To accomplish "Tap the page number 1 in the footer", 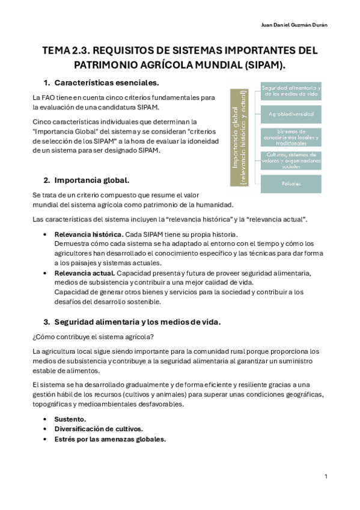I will pyautogui.click(x=325, y=477).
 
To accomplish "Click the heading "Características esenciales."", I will pyautogui.click(x=106, y=82).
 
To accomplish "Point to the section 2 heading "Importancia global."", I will pyautogui.click(x=91, y=180).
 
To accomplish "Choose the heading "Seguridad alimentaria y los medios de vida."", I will pyautogui.click(x=138, y=322).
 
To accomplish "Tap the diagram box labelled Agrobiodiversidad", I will pyautogui.click(x=291, y=113).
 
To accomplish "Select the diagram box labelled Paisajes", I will pyautogui.click(x=291, y=183).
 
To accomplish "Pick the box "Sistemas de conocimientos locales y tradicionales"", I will pyautogui.click(x=291, y=137).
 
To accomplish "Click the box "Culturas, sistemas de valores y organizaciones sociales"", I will pyautogui.click(x=291, y=161).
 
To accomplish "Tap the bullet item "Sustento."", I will pyautogui.click(x=70, y=419).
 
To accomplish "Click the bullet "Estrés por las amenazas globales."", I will pyautogui.click(x=109, y=439).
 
